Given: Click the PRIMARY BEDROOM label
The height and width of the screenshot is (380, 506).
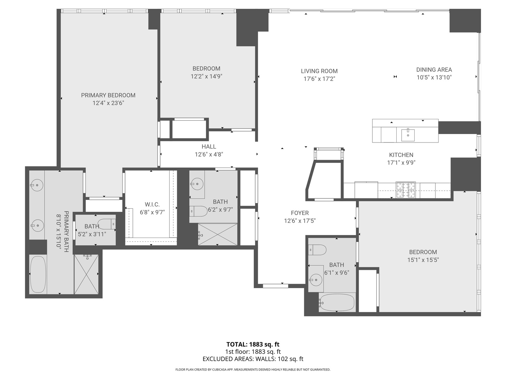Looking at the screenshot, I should [108, 95].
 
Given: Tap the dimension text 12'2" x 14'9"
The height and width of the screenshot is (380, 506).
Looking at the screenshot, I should [206, 76].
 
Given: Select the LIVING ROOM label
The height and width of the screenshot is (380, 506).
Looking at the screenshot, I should [319, 71].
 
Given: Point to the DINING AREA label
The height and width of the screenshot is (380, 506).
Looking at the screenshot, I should [434, 70].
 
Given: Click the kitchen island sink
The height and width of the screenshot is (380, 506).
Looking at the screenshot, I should [408, 135].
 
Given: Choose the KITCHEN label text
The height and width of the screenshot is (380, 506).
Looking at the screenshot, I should [401, 155].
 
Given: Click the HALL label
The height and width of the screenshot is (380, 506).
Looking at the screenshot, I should [209, 147].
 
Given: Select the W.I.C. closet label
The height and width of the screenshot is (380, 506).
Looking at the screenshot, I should [152, 204].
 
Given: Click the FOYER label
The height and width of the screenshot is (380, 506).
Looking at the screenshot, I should [300, 213].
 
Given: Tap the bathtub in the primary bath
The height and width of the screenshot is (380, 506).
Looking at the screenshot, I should [38, 274].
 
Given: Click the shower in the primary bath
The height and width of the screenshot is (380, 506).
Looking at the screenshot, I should [86, 274].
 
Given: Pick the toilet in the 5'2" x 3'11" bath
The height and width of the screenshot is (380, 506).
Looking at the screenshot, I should [106, 223].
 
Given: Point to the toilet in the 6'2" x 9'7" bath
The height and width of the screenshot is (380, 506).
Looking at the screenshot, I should [199, 211].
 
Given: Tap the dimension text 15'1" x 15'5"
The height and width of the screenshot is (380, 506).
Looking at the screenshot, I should [423, 260].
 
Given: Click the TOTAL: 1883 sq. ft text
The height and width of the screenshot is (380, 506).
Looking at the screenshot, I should [253, 344].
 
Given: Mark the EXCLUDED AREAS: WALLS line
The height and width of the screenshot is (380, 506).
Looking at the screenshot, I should [253, 359].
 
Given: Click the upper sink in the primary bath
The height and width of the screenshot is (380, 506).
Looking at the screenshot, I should [37, 185].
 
